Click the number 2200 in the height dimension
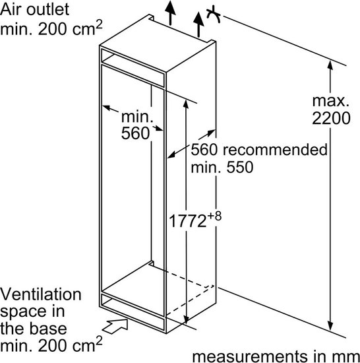[331, 118]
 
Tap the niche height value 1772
[187, 220]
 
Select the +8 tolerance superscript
[214, 216]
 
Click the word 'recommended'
[275, 149]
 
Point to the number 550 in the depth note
[240, 167]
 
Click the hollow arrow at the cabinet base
[115, 326]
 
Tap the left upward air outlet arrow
[170, 13]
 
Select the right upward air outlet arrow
[198, 24]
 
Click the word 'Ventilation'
[41, 294]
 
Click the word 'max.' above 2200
[330, 101]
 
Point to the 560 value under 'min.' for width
[135, 133]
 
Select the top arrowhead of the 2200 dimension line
[330, 65]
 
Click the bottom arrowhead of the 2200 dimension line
[330, 325]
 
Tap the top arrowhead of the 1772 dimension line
[186, 104]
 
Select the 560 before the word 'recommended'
[204, 149]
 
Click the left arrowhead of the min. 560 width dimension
[106, 108]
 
